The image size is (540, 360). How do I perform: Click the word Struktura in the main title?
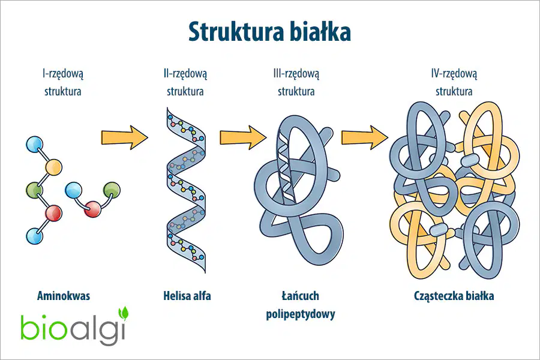pyautogui.click(x=236, y=32)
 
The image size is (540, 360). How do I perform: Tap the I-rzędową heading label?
pyautogui.click(x=63, y=74)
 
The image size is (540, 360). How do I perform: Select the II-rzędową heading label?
pyautogui.click(x=185, y=74)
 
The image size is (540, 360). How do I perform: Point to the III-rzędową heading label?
pyautogui.click(x=296, y=74)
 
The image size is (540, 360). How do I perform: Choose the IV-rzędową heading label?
pyautogui.click(x=454, y=74)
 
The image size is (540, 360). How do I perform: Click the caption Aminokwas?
pyautogui.click(x=64, y=296)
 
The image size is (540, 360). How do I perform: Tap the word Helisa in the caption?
pyautogui.click(x=176, y=296)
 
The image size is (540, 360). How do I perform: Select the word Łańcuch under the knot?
pyautogui.click(x=301, y=296)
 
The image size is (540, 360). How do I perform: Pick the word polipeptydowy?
pyautogui.click(x=301, y=314)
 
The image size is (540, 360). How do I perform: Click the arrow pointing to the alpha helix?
pyautogui.click(x=125, y=137)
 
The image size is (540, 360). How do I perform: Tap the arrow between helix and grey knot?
pyautogui.click(x=243, y=137)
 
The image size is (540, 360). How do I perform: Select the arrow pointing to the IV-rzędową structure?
pyautogui.click(x=365, y=137)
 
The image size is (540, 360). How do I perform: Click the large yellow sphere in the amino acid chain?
pyautogui.click(x=54, y=167)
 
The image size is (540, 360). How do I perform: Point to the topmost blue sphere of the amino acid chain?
pyautogui.click(x=35, y=145)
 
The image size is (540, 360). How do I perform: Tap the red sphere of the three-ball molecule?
pyautogui.click(x=92, y=209)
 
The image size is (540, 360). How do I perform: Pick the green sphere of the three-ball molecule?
pyautogui.click(x=112, y=191)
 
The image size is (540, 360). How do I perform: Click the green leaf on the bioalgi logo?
pyautogui.click(x=123, y=313)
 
